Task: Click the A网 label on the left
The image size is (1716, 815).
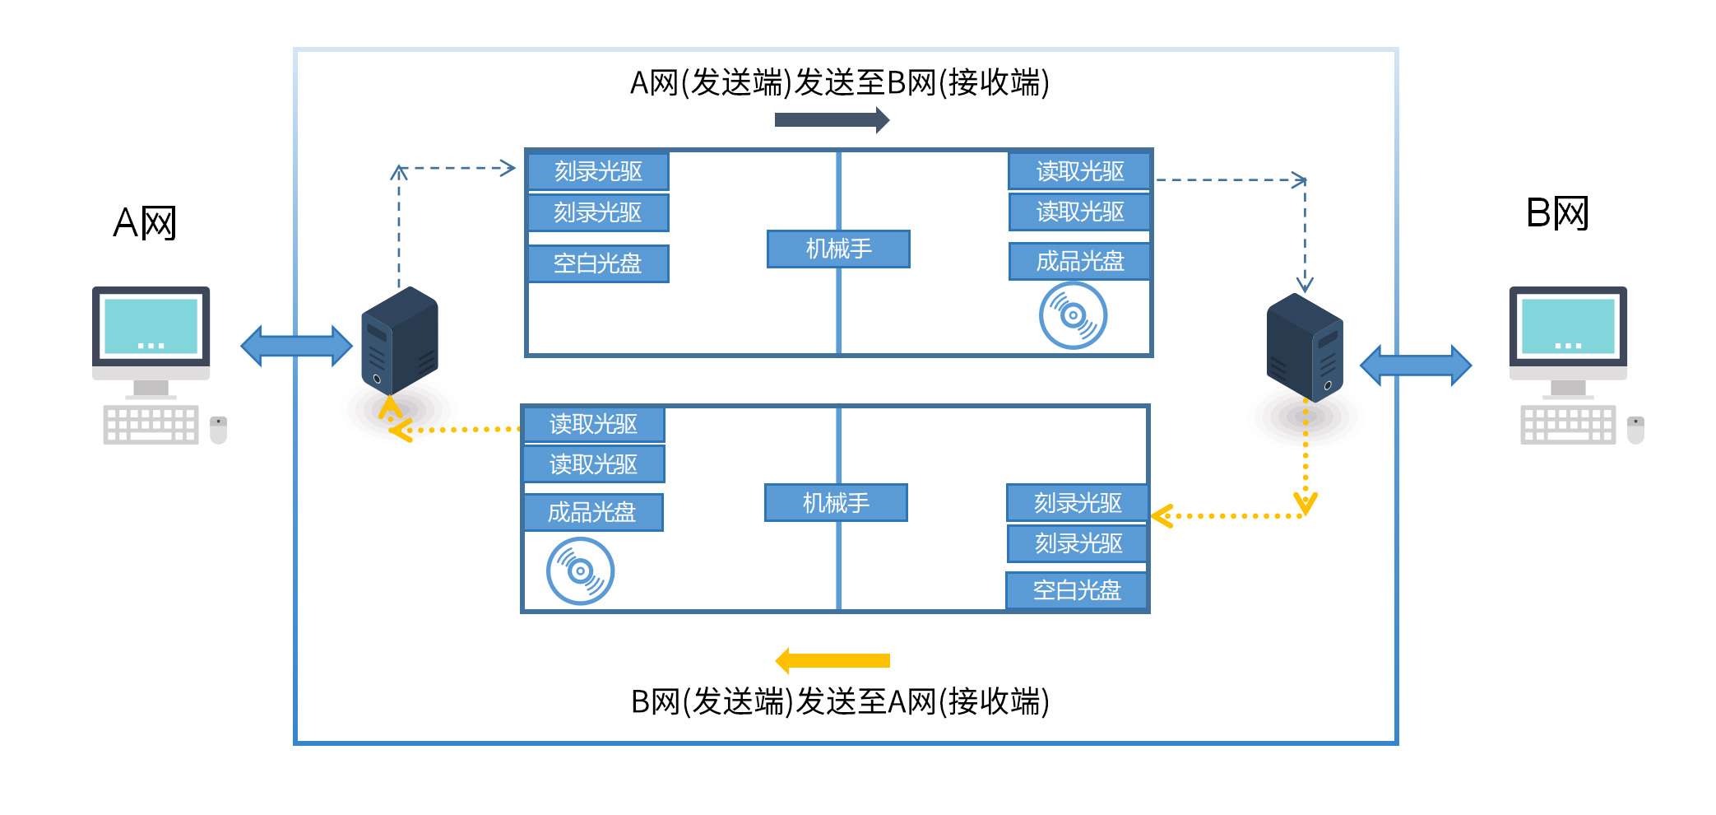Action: coord(145,223)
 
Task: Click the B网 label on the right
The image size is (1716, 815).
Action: coord(1556,214)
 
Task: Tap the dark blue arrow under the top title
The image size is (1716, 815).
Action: coord(831,120)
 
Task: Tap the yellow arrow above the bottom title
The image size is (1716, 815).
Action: coord(832,660)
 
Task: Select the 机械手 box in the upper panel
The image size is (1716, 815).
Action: coord(838,249)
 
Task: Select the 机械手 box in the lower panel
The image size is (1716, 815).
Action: coord(836,502)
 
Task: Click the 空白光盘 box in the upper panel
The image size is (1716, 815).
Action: coord(598,263)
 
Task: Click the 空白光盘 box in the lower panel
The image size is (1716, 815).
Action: coord(1077,590)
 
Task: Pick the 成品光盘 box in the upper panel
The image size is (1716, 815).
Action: coord(1079,261)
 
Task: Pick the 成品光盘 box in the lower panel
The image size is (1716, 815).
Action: coord(592,512)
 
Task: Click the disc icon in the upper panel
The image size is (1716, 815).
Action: coord(1073,315)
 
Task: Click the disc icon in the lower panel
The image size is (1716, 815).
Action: coord(580,570)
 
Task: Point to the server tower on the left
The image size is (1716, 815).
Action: coord(400,341)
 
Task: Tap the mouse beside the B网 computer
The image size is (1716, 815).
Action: coord(1635,429)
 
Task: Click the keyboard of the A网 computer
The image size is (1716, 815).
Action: coord(151,425)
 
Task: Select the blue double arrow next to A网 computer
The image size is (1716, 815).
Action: coord(296,346)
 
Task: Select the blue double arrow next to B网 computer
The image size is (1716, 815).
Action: coord(1416,366)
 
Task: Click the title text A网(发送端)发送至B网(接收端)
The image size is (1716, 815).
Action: coord(839,83)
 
